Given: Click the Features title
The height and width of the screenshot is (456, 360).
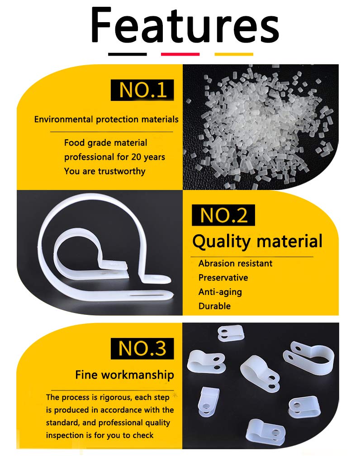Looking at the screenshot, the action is [x=185, y=25].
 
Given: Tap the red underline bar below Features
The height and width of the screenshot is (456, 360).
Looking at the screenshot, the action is [x=180, y=54].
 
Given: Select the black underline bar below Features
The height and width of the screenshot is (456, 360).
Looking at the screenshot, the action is [x=128, y=54].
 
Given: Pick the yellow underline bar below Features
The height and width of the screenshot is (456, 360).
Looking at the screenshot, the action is [x=234, y=54].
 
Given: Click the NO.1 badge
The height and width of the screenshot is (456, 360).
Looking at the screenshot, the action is [x=142, y=90].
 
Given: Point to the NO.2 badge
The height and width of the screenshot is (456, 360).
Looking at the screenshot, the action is [x=223, y=215].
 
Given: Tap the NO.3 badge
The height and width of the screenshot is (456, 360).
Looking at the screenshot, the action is [x=142, y=348].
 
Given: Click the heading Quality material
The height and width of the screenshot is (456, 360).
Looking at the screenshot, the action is [x=257, y=242].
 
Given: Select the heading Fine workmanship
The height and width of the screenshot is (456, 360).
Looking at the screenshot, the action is [x=124, y=375].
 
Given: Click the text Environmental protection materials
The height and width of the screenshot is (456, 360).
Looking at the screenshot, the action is [x=106, y=119].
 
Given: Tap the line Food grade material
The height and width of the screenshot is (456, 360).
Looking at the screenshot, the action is [x=105, y=143].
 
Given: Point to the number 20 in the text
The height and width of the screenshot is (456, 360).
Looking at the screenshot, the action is [x=136, y=157].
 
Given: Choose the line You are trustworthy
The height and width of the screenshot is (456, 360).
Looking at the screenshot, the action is [x=104, y=171].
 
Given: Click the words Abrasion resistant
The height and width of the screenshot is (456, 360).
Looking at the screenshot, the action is [x=235, y=263].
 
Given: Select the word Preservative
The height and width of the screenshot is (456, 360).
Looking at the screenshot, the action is [x=223, y=278].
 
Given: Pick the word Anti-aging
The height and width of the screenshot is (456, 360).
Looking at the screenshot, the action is [x=220, y=292].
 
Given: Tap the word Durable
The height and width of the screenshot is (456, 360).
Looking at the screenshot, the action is [x=215, y=306].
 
